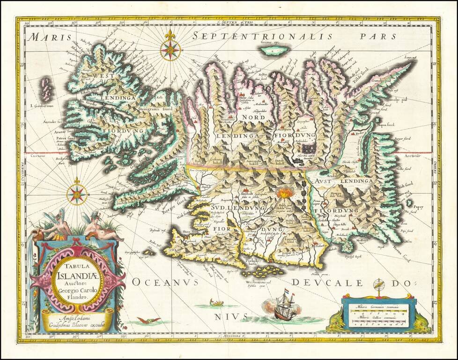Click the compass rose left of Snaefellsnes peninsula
77,194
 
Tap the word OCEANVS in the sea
165,282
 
